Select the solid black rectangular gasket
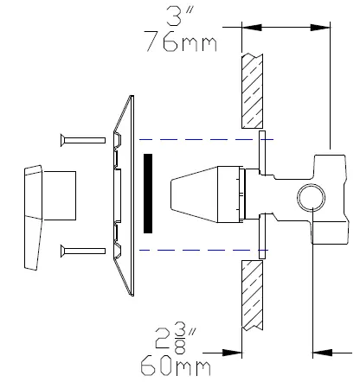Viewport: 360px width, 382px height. point(150,194)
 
